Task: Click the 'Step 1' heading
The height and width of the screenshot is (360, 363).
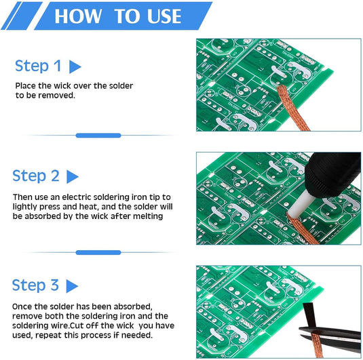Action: tap(38, 66)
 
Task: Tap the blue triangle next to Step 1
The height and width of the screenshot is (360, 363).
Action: tap(75, 66)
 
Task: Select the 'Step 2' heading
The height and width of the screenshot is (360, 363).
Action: tap(36, 176)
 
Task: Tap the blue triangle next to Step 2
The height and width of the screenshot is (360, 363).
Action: tap(73, 176)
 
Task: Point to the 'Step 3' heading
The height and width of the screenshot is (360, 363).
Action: tap(36, 285)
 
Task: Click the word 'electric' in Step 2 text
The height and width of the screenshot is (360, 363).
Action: tap(84, 197)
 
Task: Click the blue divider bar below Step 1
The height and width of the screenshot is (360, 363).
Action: tap(98, 136)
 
